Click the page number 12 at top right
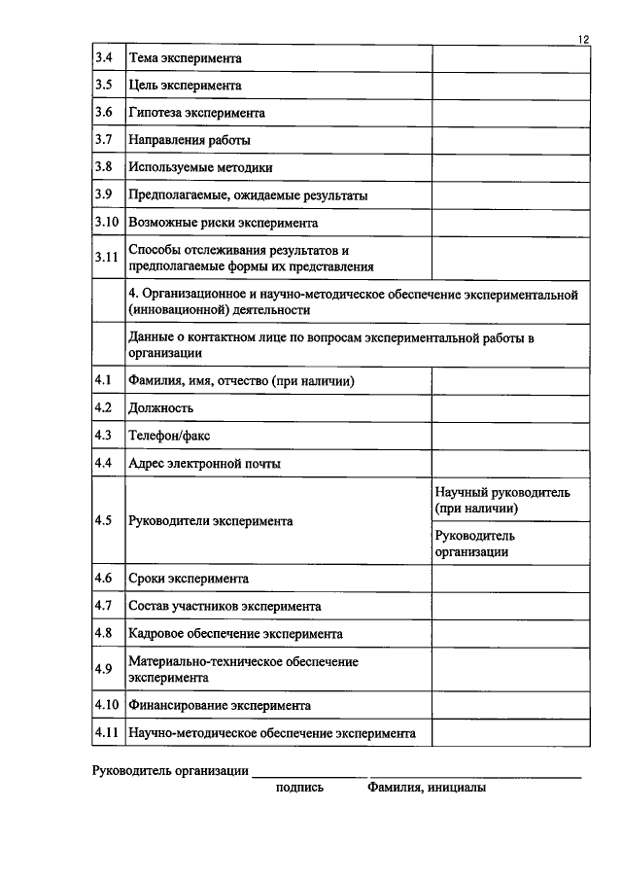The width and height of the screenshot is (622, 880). coord(582,38)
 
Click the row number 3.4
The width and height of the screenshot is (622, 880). coord(104,58)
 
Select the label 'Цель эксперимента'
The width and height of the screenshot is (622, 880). coord(185,86)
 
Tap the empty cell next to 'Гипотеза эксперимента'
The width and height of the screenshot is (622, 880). coord(510,113)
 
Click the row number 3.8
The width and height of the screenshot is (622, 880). coord(104,167)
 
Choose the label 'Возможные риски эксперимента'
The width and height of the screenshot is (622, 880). coord(224,223)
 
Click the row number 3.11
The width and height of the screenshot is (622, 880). coord(106,258)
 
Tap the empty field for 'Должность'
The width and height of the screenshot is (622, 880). coord(510,408)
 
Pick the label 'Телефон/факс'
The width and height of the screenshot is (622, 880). coord(169,436)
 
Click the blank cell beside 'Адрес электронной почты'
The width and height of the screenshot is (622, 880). coord(510,464)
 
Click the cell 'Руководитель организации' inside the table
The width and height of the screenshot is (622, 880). coord(475,544)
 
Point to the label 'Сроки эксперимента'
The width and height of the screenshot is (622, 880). coord(189,579)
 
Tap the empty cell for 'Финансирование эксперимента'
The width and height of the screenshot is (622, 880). coord(510,705)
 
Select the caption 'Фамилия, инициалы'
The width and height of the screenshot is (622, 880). coord(427,788)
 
